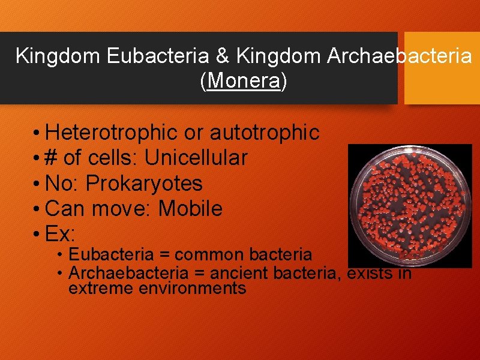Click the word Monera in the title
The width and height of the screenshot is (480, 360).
pos(243,82)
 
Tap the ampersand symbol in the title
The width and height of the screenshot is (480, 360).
pos(221,56)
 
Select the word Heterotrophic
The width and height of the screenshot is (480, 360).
pos(112,133)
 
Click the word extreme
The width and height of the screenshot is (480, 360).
pos(101,288)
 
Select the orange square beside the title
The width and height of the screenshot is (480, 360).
pos(442,68)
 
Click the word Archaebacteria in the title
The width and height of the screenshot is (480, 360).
pos(399,56)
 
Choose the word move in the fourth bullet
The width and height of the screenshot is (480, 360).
pos(114,209)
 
